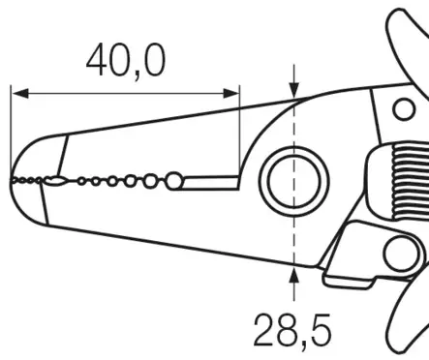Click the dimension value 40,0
click(126, 62)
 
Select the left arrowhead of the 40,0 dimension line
click(20, 94)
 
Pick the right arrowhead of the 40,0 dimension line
click(231, 94)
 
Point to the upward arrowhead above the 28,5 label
click(293, 276)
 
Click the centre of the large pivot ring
click(293, 181)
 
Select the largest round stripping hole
click(174, 181)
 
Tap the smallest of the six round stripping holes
click(81, 181)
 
